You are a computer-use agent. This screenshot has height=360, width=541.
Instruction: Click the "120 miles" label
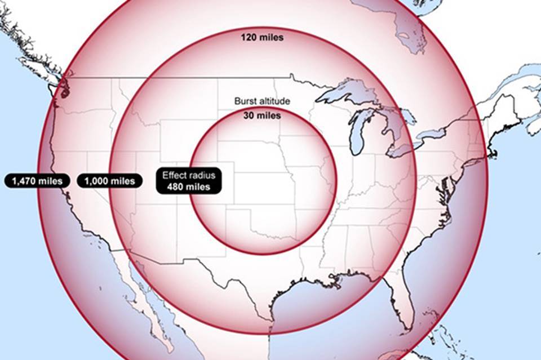coord(262,38)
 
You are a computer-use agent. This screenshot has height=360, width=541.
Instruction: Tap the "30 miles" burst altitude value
coord(262,115)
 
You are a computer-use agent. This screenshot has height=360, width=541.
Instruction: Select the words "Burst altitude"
coord(262,101)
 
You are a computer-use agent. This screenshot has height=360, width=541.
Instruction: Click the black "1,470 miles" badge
coord(38,181)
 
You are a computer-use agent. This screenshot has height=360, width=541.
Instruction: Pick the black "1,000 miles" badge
coord(110,181)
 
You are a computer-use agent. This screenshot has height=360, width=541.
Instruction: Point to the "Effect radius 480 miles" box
coord(189,181)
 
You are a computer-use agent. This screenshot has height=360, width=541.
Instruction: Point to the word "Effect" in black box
coord(175,175)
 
